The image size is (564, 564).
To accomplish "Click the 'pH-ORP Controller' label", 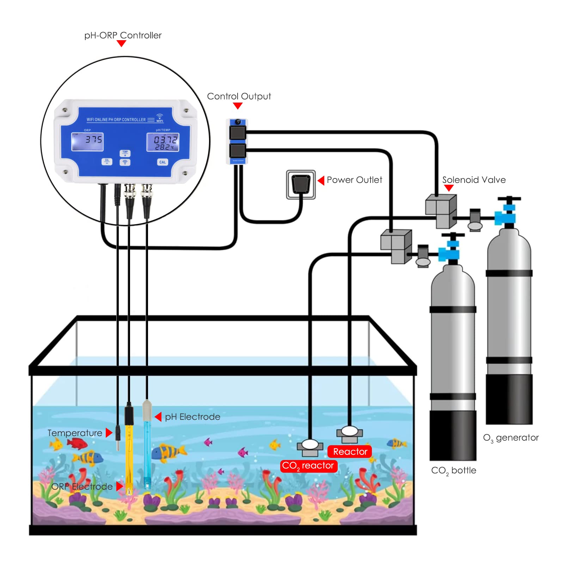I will click(x=123, y=35).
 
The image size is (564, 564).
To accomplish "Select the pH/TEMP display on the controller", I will click(x=163, y=142).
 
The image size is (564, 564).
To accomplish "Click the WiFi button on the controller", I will click(x=125, y=162).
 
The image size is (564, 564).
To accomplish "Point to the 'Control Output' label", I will click(x=239, y=96).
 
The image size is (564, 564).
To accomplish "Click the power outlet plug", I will click(x=301, y=184).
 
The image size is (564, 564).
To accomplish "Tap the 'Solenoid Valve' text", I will click(x=474, y=180).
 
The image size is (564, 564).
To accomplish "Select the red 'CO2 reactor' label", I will click(x=309, y=466).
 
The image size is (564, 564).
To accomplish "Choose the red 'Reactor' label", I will click(x=350, y=452).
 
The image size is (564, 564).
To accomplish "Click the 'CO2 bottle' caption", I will click(x=454, y=471).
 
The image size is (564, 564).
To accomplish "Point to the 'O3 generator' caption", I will click(x=511, y=438).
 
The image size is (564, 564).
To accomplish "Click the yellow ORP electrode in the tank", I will click(x=129, y=458).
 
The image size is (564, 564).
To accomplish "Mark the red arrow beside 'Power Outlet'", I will click(x=321, y=180).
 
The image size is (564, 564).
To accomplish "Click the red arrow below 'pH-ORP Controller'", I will click(x=121, y=43).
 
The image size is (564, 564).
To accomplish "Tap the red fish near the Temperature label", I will click(x=77, y=443).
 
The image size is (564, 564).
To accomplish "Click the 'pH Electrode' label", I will click(x=192, y=417).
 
